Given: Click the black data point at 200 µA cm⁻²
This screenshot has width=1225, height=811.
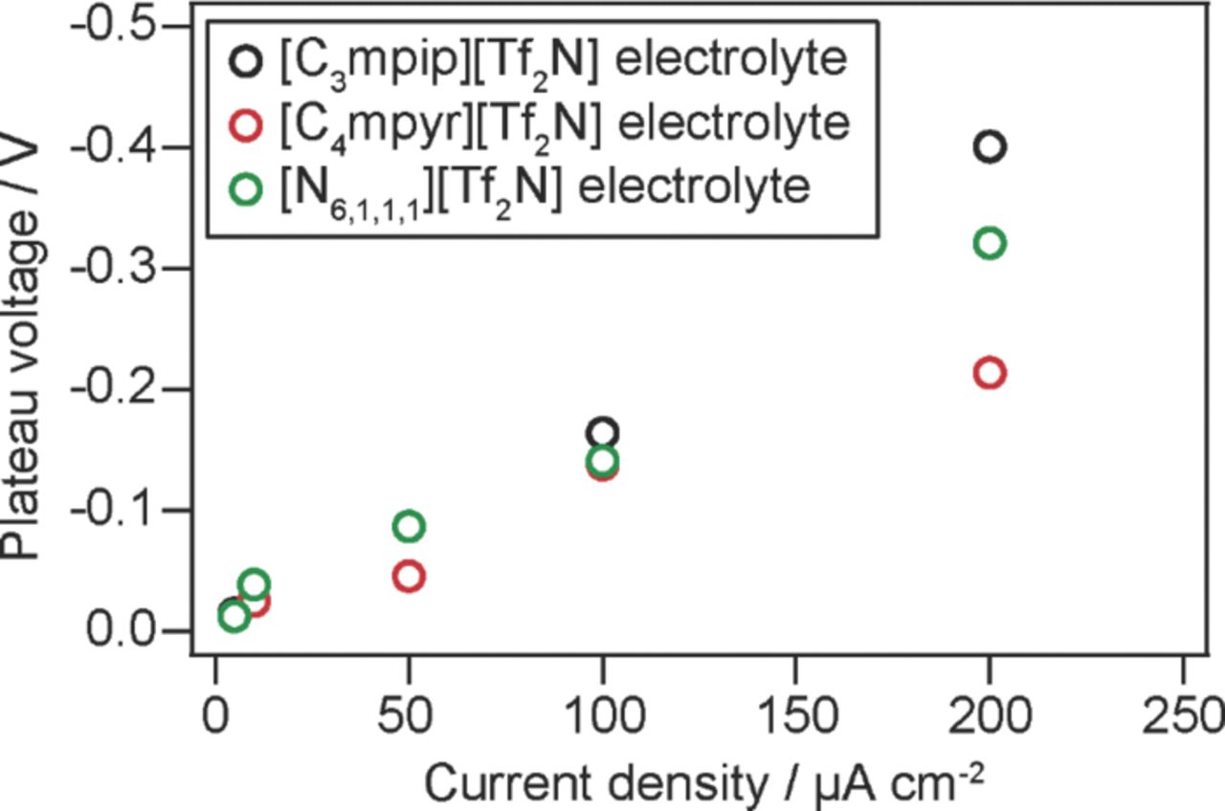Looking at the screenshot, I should pos(989,146).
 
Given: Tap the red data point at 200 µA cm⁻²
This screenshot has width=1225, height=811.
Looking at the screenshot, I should pos(989,372).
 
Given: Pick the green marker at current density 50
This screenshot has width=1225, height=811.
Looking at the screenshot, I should pos(409,526).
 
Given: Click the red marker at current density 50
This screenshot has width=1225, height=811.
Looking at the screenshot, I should pos(409,576).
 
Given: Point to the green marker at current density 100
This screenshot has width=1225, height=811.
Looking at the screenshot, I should pos(602,460).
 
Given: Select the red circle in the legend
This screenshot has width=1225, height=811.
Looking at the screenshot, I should pos(246,124).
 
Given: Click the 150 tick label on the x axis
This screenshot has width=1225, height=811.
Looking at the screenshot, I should pos(795,713).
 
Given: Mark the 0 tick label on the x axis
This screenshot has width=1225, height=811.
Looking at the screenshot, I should pos(215,713).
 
